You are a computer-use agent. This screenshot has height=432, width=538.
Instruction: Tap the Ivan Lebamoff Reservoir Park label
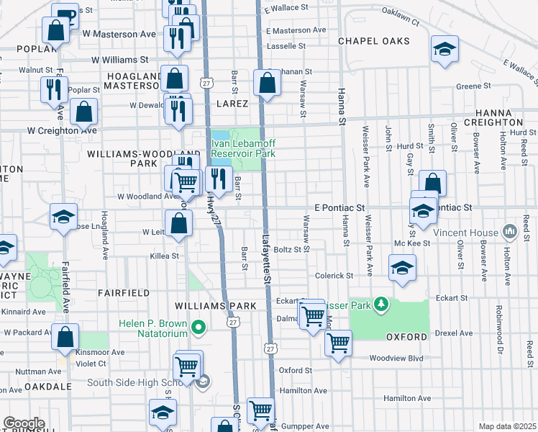tap(243, 148)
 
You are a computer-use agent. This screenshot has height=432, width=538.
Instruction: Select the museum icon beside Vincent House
tap(510, 231)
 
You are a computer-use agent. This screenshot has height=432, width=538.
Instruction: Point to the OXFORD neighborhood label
tap(407, 336)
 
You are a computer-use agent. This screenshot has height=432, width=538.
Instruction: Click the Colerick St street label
tap(334, 275)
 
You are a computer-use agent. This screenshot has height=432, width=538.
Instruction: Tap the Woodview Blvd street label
tap(394, 358)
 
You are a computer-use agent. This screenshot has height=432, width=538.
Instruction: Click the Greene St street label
tap(473, 86)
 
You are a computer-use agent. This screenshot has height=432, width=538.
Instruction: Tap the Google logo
tap(24, 423)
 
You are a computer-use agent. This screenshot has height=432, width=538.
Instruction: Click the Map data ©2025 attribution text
tap(506, 426)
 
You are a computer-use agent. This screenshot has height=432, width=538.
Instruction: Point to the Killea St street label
tap(164, 256)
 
